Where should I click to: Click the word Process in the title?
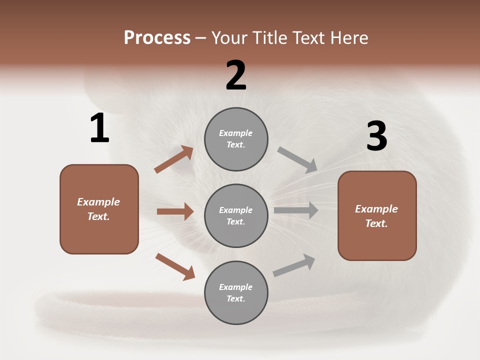point(157,38)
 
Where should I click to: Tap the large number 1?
point(99,128)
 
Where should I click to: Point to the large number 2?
point(236,76)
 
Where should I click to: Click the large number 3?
point(376,136)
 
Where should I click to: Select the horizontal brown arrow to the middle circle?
point(175,211)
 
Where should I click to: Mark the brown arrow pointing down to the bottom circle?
point(175,266)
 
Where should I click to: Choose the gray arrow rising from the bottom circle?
point(294,265)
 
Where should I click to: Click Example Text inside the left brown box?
point(98,209)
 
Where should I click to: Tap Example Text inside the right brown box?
point(376,216)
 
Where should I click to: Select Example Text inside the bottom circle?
point(236,292)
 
